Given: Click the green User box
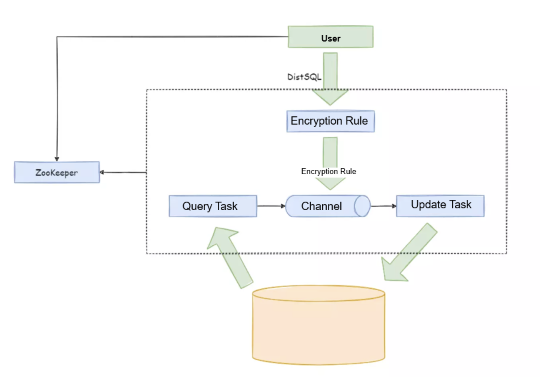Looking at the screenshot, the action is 331,37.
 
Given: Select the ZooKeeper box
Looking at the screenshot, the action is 57,172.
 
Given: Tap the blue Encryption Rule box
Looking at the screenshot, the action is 331,121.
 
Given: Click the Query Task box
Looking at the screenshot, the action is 213,206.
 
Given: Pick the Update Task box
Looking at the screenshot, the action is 440,206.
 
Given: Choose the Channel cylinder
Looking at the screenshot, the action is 328,206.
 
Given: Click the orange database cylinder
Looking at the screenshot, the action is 319,325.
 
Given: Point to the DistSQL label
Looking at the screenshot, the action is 304,77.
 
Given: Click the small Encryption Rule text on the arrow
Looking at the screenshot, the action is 329,171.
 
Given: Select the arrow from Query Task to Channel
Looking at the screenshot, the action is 271,206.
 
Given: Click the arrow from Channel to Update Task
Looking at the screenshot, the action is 384,206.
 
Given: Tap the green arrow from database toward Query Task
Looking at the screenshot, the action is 230,258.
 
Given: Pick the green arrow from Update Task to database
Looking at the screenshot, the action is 409,252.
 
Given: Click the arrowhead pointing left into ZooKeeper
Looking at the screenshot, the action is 102,172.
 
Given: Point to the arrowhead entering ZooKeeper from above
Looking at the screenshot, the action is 57,159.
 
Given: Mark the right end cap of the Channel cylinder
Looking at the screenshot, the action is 362,206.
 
